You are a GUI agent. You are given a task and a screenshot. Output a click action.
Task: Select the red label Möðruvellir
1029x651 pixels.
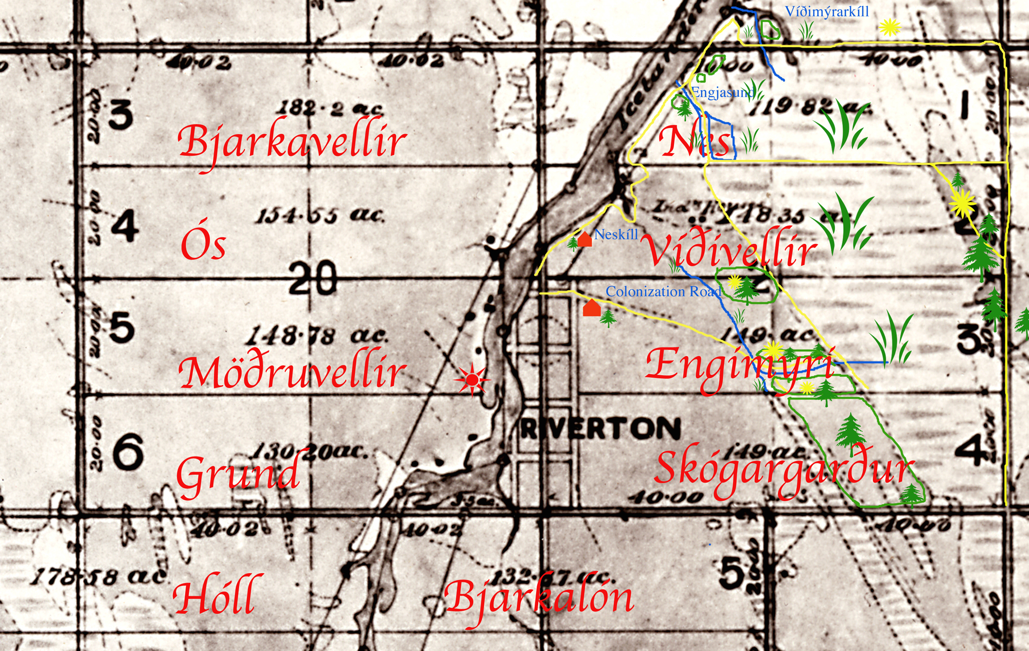pyautogui.click(x=292, y=372)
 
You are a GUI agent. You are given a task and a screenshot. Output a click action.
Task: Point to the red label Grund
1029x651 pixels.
pyautogui.click(x=238, y=473)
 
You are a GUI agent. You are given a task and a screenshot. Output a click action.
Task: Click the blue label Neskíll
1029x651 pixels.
pyautogui.click(x=616, y=235)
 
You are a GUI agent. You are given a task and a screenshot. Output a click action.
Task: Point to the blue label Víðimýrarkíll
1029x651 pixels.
pyautogui.click(x=827, y=12)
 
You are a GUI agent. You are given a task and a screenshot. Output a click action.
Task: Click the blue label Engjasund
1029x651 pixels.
pyautogui.click(x=723, y=93)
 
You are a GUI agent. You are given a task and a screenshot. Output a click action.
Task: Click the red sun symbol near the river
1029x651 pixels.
pyautogui.click(x=472, y=380)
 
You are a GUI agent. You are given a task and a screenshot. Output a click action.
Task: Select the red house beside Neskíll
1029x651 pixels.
pyautogui.click(x=584, y=239)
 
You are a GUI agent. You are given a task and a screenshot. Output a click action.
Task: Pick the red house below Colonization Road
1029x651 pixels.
pyautogui.click(x=592, y=308)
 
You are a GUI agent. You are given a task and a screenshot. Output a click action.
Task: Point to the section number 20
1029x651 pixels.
pyautogui.click(x=313, y=278)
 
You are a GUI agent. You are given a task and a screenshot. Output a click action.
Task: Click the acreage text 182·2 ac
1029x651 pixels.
pyautogui.click(x=330, y=108)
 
